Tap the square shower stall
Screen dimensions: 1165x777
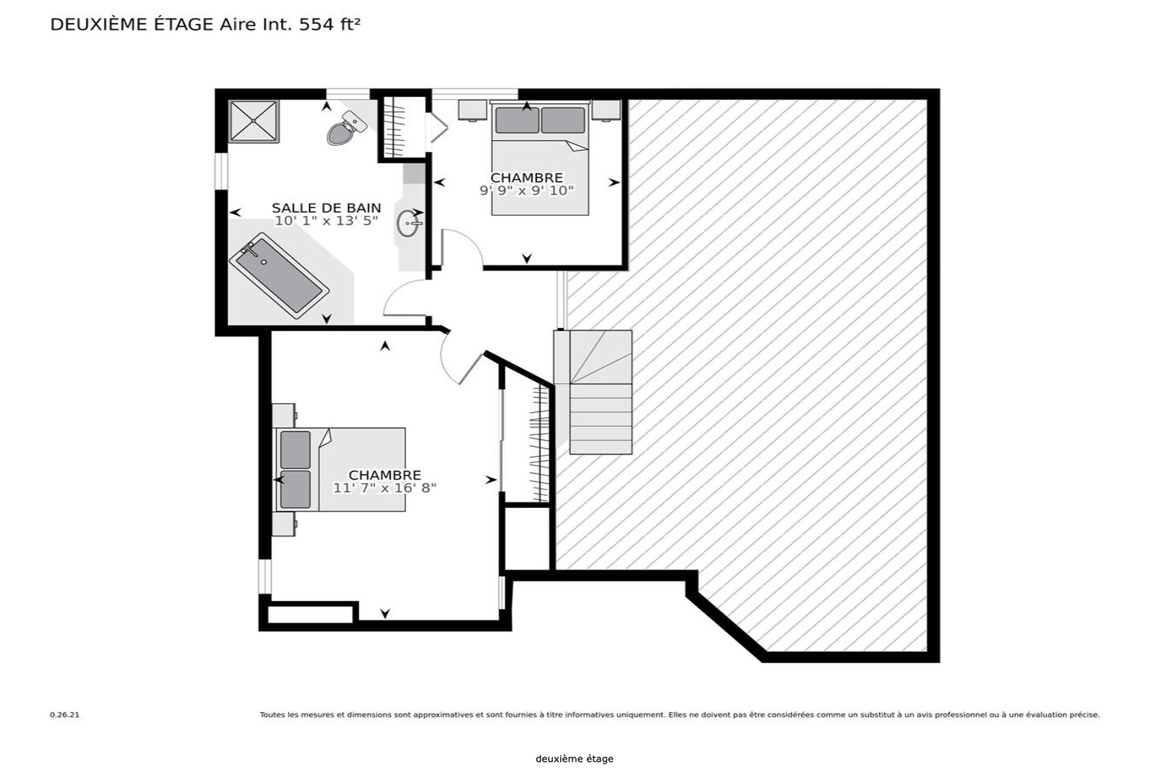pyautogui.click(x=254, y=121)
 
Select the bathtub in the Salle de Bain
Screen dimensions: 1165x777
pyautogui.click(x=279, y=276)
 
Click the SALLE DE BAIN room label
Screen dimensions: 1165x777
pyautogui.click(x=326, y=208)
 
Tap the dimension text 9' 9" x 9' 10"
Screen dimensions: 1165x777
pyautogui.click(x=527, y=191)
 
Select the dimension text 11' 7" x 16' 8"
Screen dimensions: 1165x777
pyautogui.click(x=385, y=488)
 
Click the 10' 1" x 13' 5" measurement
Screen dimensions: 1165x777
pyautogui.click(x=326, y=221)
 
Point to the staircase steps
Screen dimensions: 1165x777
pyautogui.click(x=593, y=392)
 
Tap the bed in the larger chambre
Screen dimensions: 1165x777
pyautogui.click(x=341, y=469)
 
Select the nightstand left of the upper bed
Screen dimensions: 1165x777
pyautogui.click(x=473, y=110)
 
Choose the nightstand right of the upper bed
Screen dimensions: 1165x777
pyautogui.click(x=607, y=110)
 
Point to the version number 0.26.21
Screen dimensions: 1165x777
pyautogui.click(x=64, y=715)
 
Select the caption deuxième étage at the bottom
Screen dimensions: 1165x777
pyautogui.click(x=575, y=759)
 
